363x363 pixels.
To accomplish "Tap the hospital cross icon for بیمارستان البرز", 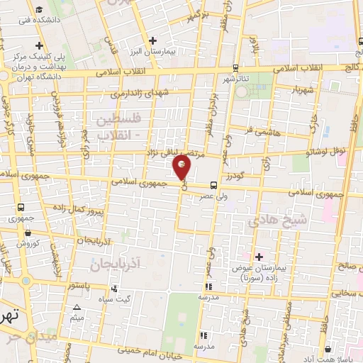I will tap(152, 40).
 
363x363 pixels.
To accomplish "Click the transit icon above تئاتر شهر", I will tap(235, 69).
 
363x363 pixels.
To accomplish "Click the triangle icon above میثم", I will tap(77, 307).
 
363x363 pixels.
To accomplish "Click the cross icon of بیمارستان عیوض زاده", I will tap(258, 256).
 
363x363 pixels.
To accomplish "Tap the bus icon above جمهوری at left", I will tap(21, 207).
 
